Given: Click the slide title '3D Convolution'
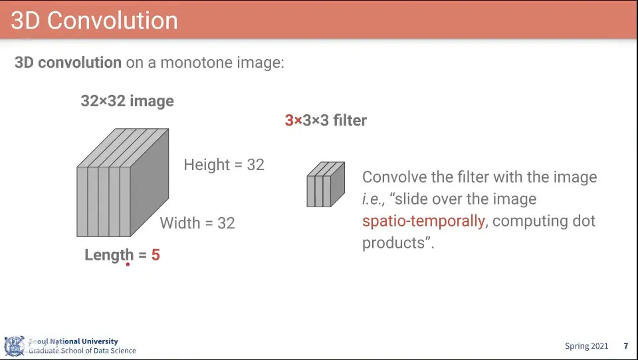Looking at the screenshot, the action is [94, 21].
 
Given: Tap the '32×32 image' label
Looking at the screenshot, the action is [128, 101].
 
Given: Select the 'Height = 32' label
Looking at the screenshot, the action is [224, 165].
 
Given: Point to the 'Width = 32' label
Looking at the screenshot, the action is [197, 223].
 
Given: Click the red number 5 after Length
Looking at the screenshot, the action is [156, 255].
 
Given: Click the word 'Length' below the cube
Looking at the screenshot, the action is [109, 256].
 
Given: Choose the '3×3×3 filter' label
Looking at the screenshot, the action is [326, 120].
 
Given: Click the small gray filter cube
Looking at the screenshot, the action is [326, 184].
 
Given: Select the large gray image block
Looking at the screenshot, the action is [123, 183].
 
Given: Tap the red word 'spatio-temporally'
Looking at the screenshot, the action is [423, 221].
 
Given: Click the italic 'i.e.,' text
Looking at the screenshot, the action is [373, 199].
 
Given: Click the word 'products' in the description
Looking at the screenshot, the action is [393, 243].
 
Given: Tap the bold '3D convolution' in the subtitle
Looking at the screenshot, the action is [68, 62].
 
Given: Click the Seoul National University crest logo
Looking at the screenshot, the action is [15, 346].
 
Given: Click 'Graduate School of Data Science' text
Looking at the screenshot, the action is [82, 351].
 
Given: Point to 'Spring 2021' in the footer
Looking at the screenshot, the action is [586, 346].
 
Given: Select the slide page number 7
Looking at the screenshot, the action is [626, 346].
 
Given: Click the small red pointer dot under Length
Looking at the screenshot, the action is [128, 264].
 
